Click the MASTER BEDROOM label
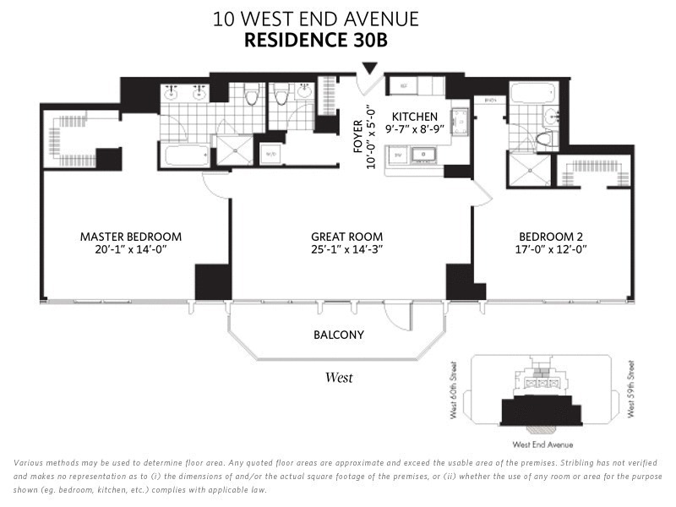[130, 237]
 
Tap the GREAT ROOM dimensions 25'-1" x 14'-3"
[346, 249]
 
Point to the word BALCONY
[339, 335]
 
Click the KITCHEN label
[414, 117]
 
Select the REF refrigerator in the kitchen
[403, 86]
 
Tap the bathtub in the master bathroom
[186, 155]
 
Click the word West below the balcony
[339, 378]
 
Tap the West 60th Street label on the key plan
[454, 390]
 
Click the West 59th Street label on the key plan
[630, 390]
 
